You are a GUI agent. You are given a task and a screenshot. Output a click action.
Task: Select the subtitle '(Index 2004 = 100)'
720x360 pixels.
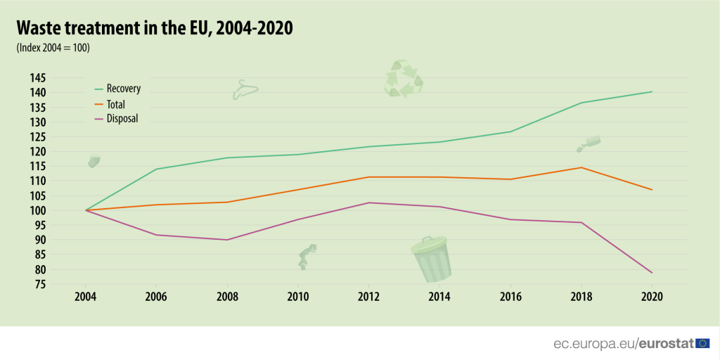tap(53, 48)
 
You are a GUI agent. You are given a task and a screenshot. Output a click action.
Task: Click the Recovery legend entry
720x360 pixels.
tap(123, 89)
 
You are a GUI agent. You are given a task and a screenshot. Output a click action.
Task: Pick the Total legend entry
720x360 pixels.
tap(115, 104)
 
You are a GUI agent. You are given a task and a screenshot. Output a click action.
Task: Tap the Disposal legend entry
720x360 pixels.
tap(122, 118)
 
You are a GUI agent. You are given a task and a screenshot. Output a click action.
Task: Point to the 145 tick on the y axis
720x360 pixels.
tap(58, 77)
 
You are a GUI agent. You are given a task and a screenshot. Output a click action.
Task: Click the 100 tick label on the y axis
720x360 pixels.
tap(58, 210)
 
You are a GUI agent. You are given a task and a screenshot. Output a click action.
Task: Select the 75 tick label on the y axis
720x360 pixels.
tap(60, 284)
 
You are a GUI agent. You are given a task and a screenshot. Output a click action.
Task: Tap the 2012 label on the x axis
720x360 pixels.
tap(368, 295)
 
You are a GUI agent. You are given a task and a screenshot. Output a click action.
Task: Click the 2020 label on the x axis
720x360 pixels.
tap(652, 295)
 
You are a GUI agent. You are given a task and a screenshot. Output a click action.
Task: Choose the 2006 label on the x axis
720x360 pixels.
tap(156, 295)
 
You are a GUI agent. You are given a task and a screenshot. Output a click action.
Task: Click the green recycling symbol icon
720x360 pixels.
tap(403, 78)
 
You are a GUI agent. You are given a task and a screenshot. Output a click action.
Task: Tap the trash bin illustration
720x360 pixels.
tap(430, 258)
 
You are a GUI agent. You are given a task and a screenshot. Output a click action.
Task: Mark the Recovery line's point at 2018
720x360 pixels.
tap(581, 103)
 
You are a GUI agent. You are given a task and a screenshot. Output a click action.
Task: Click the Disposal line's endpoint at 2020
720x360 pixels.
tap(652, 272)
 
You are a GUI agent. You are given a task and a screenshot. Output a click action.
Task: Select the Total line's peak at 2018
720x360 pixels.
tap(581, 167)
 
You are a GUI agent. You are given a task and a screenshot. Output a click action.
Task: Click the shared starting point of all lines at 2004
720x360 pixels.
tap(86, 210)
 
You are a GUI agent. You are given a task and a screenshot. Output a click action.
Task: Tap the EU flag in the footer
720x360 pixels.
tap(702, 343)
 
